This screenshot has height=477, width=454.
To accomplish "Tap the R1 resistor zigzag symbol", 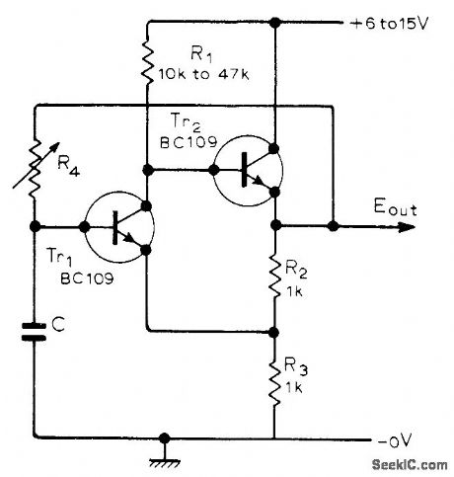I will click(146, 60).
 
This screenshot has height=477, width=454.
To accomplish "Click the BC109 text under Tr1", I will click(85, 278).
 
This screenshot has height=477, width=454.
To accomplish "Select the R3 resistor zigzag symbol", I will click(273, 380).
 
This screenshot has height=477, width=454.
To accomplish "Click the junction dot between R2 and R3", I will click(273, 331).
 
